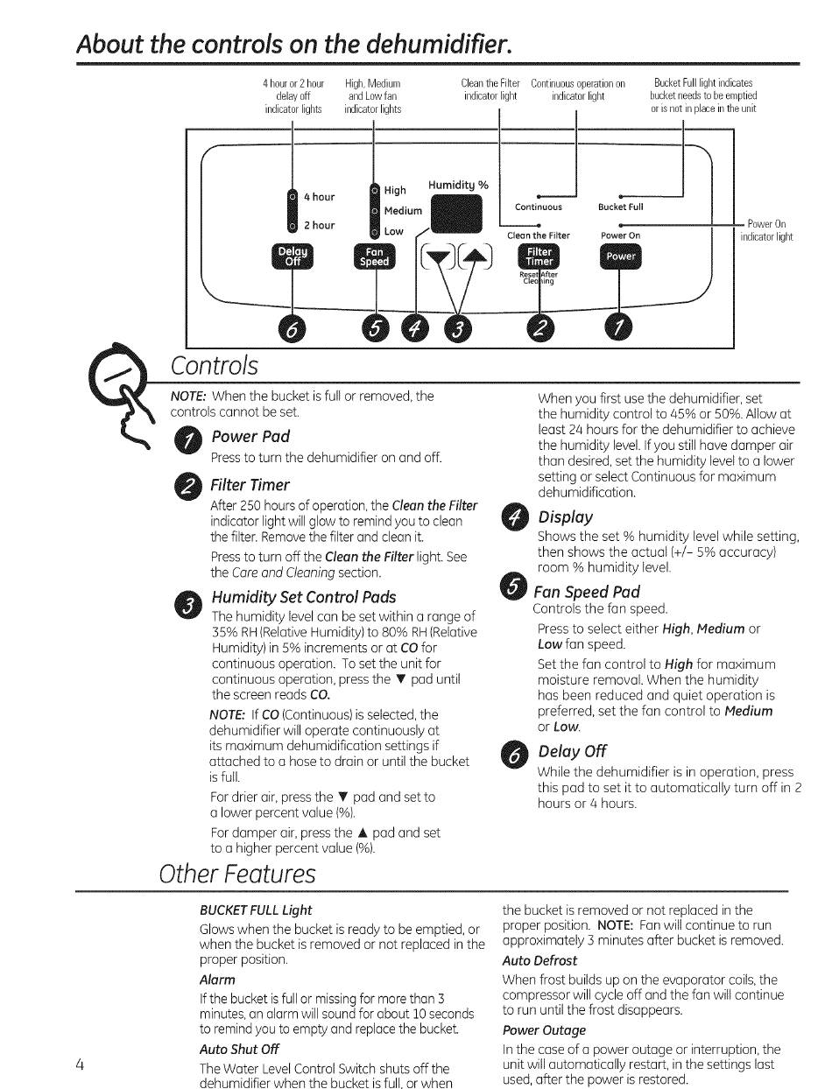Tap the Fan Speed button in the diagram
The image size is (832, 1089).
pyautogui.click(x=375, y=256)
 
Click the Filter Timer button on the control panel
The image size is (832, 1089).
pyautogui.click(x=539, y=256)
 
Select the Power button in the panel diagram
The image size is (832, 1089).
pyautogui.click(x=620, y=256)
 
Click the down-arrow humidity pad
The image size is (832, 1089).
pyautogui.click(x=438, y=257)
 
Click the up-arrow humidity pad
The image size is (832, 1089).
pyautogui.click(x=476, y=257)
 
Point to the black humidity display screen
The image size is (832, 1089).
pyautogui.click(x=456, y=214)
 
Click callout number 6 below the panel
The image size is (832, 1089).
pyautogui.click(x=292, y=328)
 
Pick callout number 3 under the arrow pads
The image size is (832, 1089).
pyautogui.click(x=457, y=328)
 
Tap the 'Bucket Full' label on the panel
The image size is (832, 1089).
pyautogui.click(x=620, y=207)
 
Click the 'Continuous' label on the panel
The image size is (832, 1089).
pyautogui.click(x=539, y=207)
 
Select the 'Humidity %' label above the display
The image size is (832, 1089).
pyautogui.click(x=458, y=185)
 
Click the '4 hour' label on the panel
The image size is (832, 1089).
pyautogui.click(x=319, y=197)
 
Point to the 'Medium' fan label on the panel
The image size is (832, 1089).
pyautogui.click(x=403, y=211)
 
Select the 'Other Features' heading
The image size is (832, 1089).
pyautogui.click(x=237, y=874)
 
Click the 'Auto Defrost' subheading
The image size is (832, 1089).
pyautogui.click(x=539, y=961)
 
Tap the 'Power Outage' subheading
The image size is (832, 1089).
pyautogui.click(x=544, y=1030)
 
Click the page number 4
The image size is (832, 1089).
pyautogui.click(x=80, y=1064)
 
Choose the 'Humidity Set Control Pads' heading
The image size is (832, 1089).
pyautogui.click(x=304, y=597)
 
